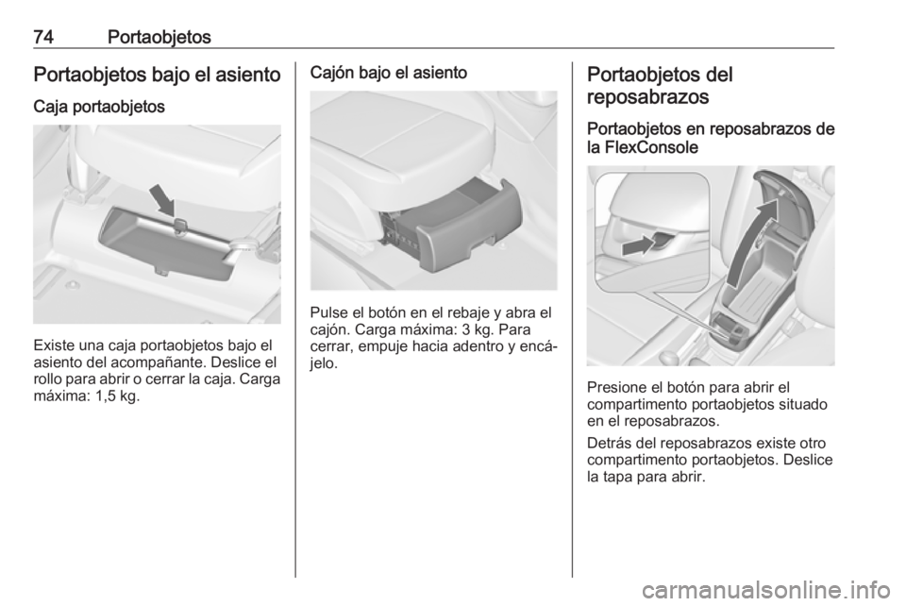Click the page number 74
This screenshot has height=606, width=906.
click(43, 37)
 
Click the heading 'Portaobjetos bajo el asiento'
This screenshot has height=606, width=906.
click(158, 75)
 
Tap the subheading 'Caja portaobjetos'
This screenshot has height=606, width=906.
click(99, 107)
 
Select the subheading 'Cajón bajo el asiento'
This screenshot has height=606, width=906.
click(389, 73)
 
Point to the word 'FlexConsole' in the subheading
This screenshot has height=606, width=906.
click(651, 147)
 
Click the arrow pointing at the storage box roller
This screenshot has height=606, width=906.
click(162, 200)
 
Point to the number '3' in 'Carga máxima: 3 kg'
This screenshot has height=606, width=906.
click(466, 330)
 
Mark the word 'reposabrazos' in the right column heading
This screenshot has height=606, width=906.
click(647, 96)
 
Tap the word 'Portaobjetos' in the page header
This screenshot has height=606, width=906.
click(159, 37)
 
